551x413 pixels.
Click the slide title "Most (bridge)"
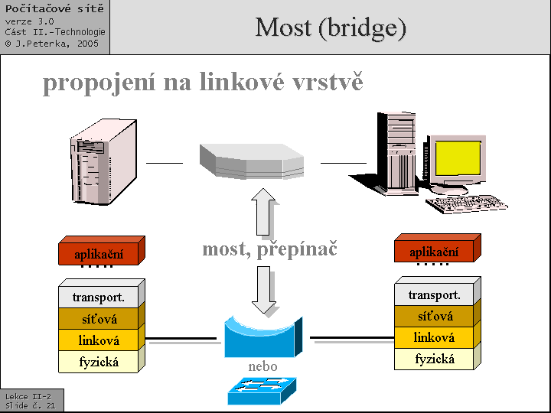[x=331, y=28]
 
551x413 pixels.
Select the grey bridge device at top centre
[x=251, y=161]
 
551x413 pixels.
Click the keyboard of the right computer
[x=465, y=204]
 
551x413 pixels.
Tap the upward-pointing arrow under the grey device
[x=264, y=212]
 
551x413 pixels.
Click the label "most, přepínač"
[x=269, y=249]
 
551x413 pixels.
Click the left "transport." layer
[x=99, y=297]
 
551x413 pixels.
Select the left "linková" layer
[x=99, y=340]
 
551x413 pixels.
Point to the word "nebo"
[x=262, y=367]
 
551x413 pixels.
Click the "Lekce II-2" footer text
[x=28, y=396]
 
